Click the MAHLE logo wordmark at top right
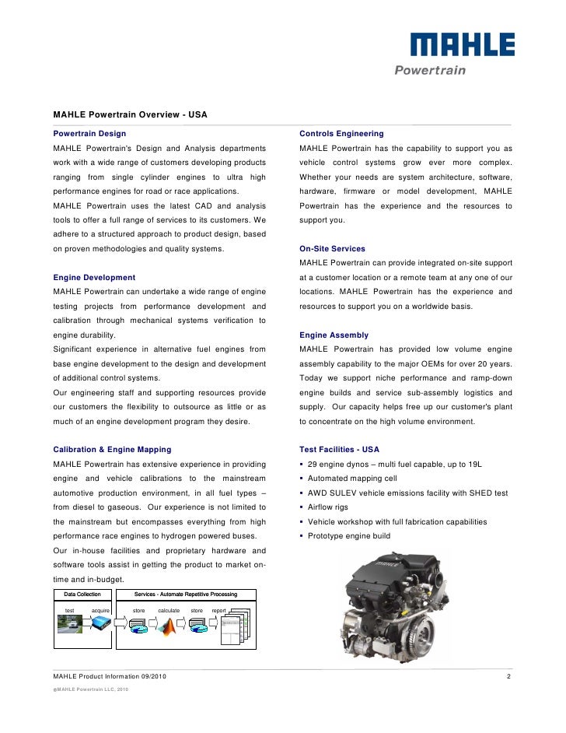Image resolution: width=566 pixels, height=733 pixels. [x=463, y=45]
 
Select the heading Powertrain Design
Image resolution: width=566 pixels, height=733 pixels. [x=89, y=134]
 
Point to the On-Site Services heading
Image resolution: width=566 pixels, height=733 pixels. [x=332, y=249]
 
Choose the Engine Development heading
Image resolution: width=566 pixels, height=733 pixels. [x=94, y=277]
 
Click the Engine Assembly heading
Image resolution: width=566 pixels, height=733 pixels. [x=334, y=335]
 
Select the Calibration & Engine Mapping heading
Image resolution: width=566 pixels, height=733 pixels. [x=112, y=450]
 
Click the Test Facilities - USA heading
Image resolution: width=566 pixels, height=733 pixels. [x=339, y=450]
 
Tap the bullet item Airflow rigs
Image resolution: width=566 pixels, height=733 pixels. [x=328, y=507]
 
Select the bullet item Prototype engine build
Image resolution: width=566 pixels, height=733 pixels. [x=349, y=536]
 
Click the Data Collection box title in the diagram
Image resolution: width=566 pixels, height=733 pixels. [x=82, y=594]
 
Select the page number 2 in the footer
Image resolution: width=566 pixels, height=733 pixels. [x=508, y=676]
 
